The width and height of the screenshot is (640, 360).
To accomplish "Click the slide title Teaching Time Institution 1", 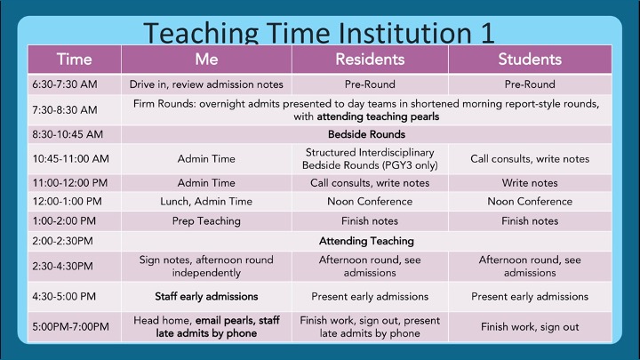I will [319, 32].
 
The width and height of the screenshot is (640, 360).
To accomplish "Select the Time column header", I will [74, 60].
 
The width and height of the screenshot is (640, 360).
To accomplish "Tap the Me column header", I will [206, 60].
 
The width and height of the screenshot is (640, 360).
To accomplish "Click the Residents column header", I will [370, 60].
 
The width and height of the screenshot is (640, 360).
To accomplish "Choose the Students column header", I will [530, 60].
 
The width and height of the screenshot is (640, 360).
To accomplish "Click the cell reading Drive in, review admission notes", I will [206, 84].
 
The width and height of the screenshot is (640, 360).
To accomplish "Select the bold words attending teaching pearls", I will [378, 116].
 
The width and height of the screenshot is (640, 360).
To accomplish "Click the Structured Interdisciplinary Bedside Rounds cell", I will [370, 159].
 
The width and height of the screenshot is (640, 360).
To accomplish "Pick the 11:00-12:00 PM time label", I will [70, 183].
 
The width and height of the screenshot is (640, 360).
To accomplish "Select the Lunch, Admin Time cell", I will [206, 202].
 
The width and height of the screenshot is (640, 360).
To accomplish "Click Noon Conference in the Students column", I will [530, 202].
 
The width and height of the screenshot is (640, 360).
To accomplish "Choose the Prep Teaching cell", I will [206, 220].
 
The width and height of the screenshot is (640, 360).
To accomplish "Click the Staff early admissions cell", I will [206, 297].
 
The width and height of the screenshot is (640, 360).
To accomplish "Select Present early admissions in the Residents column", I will [370, 297].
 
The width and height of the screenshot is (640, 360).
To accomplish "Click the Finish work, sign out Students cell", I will [530, 327].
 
